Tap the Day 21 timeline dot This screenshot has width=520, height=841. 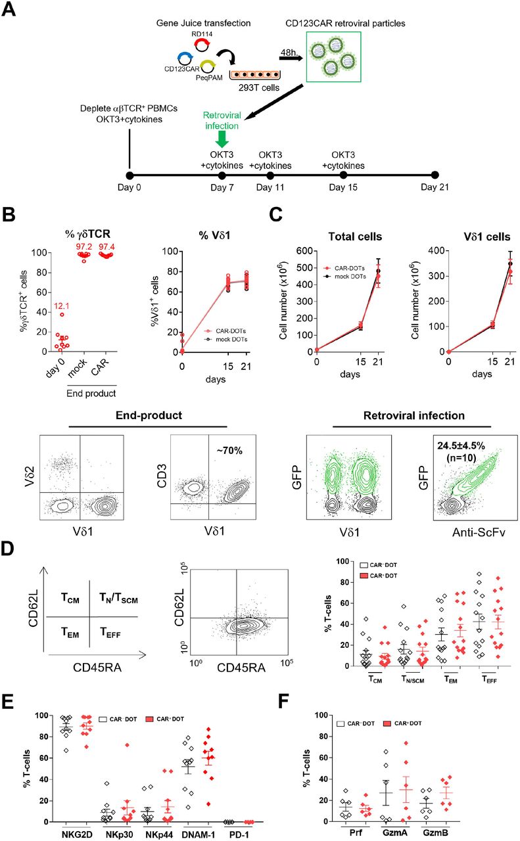(x=434, y=175)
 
